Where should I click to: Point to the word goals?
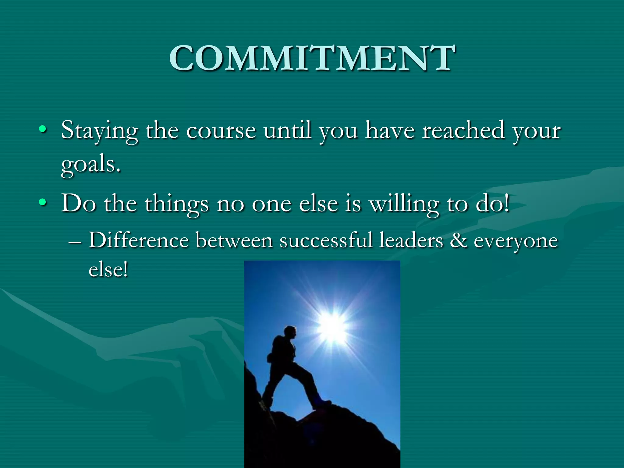90,165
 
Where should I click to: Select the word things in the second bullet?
176,204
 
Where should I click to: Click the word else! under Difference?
108,269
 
